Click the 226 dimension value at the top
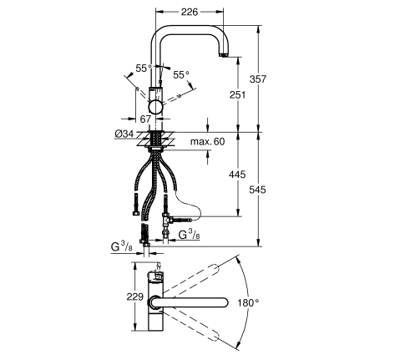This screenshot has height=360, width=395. click(x=190, y=12)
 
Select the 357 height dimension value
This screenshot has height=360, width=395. click(x=258, y=79)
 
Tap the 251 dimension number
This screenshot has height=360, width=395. click(x=238, y=95)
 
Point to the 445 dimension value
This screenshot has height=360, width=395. click(x=237, y=175)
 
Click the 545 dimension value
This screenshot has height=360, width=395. click(x=257, y=190)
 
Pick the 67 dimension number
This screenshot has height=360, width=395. click(x=145, y=119)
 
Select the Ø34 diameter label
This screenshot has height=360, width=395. click(x=124, y=134)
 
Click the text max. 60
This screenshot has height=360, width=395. click(x=207, y=141)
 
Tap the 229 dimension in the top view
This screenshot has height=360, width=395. click(x=135, y=297)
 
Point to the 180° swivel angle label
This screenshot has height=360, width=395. click(x=248, y=302)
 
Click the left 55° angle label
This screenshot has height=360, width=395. click(x=144, y=68)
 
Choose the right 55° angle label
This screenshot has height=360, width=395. click(x=181, y=74)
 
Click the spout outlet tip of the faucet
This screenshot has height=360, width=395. click(x=223, y=55)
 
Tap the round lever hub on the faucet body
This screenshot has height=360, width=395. click(x=155, y=107)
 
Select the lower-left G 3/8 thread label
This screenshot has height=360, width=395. click(x=122, y=247)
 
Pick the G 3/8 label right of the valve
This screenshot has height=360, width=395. click(x=189, y=235)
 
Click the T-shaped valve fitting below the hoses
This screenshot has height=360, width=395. click(x=167, y=221)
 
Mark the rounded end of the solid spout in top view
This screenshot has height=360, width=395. click(x=223, y=302)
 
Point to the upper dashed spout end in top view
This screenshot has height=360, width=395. click(x=215, y=268)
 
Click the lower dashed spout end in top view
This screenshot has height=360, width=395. click(x=215, y=337)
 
